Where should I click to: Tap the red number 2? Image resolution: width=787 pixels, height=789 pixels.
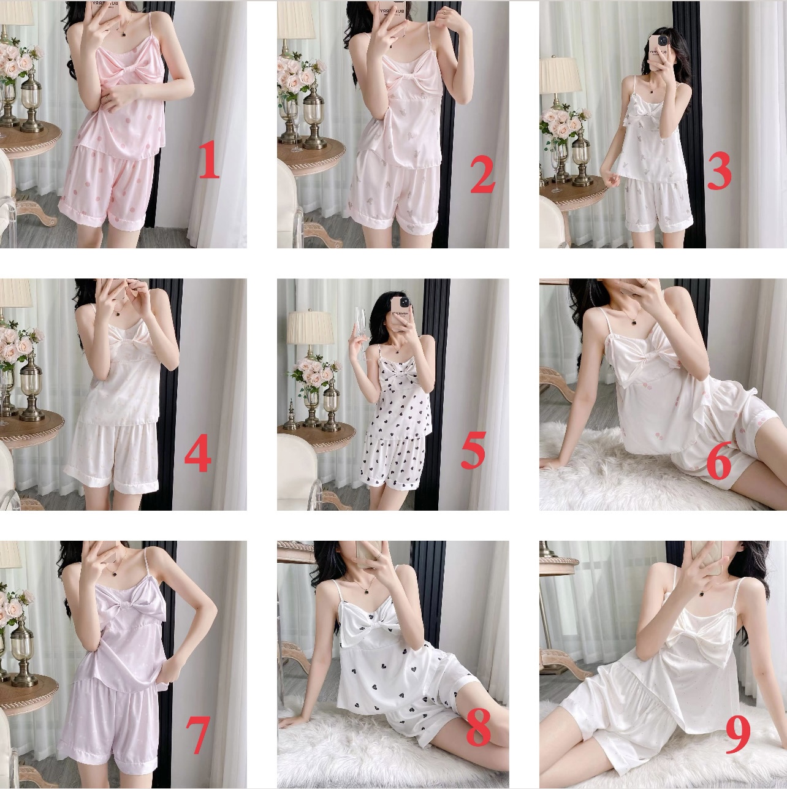tap(483, 176)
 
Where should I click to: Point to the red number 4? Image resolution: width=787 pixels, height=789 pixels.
tap(198, 455)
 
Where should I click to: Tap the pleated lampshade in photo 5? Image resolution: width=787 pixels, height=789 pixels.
tap(309, 327)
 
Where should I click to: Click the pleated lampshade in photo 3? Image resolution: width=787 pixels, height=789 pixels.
tap(561, 75)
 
